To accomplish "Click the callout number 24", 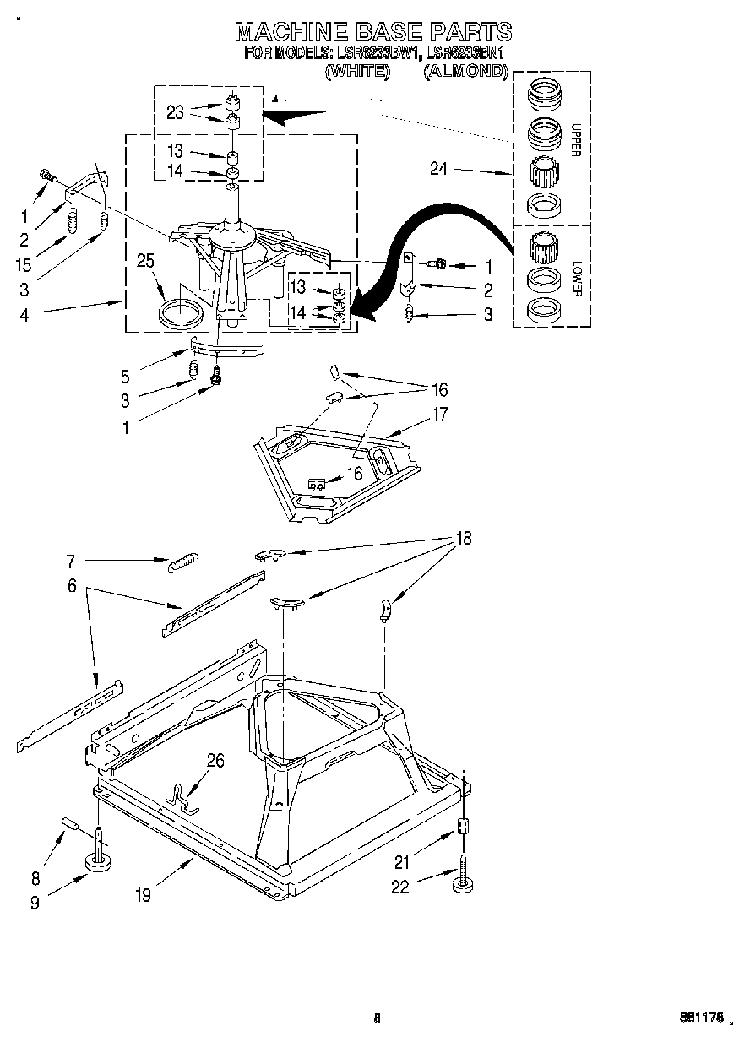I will click(x=437, y=169).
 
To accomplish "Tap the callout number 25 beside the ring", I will click(x=145, y=261).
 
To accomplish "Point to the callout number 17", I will click(x=440, y=414).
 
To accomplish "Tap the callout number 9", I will click(x=35, y=903).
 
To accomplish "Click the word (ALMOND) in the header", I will click(x=465, y=73).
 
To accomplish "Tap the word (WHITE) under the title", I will click(x=356, y=73).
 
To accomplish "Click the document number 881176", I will click(x=699, y=1018).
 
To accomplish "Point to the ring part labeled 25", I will click(x=182, y=312).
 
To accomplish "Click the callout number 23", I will click(x=175, y=111).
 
